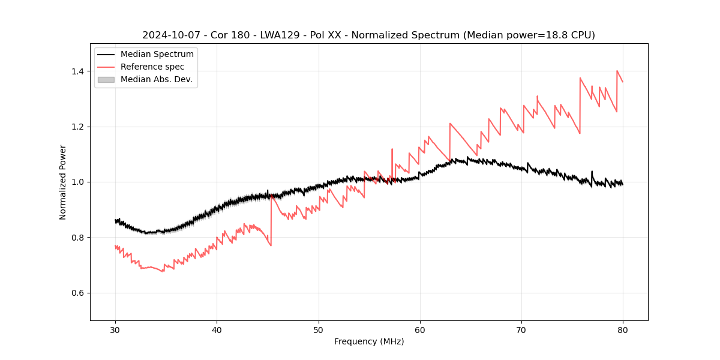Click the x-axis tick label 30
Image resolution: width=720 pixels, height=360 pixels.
point(115,329)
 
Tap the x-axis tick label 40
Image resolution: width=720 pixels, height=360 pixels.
point(217,329)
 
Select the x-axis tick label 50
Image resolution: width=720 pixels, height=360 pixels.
point(318,329)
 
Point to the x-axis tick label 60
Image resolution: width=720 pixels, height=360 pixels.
point(420,329)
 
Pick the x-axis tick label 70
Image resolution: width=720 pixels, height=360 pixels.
point(521,329)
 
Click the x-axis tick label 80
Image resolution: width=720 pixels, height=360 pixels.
point(623,329)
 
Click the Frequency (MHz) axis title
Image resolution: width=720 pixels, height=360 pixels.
point(369,341)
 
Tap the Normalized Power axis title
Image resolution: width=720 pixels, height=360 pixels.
point(63,182)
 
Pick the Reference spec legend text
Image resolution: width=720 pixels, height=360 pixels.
point(152,67)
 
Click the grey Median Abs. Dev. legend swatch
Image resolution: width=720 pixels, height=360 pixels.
point(106,79)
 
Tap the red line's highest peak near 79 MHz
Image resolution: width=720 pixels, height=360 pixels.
point(617,71)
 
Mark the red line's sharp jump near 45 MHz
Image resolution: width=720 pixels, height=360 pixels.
point(271,219)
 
